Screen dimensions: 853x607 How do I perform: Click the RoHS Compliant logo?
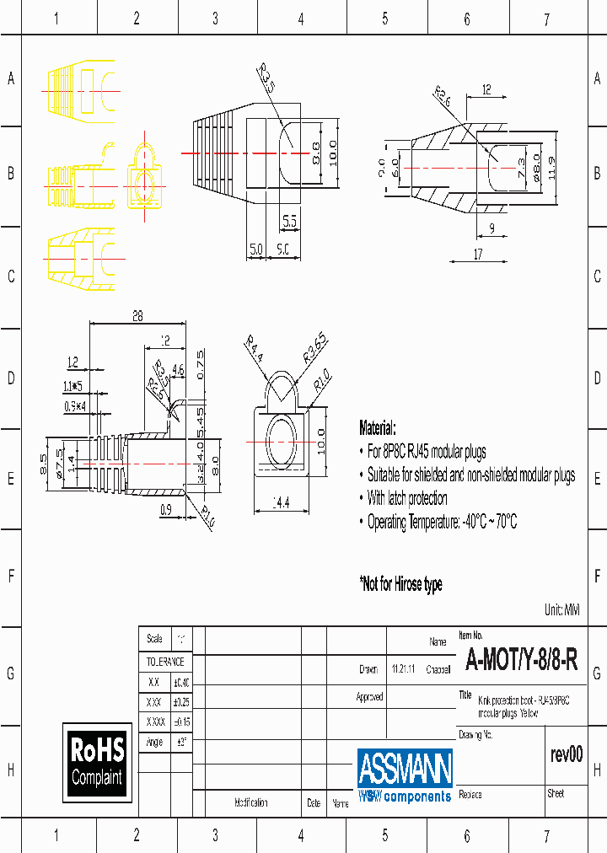(97, 762)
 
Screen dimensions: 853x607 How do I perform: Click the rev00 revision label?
(566, 754)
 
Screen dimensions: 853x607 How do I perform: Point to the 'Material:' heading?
(378, 427)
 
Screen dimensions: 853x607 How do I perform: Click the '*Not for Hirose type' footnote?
(400, 584)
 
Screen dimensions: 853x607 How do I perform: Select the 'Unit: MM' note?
(562, 609)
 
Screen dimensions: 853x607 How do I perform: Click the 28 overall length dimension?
(137, 317)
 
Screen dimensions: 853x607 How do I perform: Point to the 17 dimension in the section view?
(478, 254)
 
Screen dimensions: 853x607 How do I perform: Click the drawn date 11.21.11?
(402, 669)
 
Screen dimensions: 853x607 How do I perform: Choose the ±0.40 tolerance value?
(181, 682)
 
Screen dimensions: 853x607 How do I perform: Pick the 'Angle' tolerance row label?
(153, 742)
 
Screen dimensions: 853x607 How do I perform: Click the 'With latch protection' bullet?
(407, 498)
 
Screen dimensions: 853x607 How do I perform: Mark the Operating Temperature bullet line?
(442, 522)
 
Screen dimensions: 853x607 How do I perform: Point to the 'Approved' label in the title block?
(369, 697)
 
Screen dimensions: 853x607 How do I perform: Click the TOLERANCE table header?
(165, 662)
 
